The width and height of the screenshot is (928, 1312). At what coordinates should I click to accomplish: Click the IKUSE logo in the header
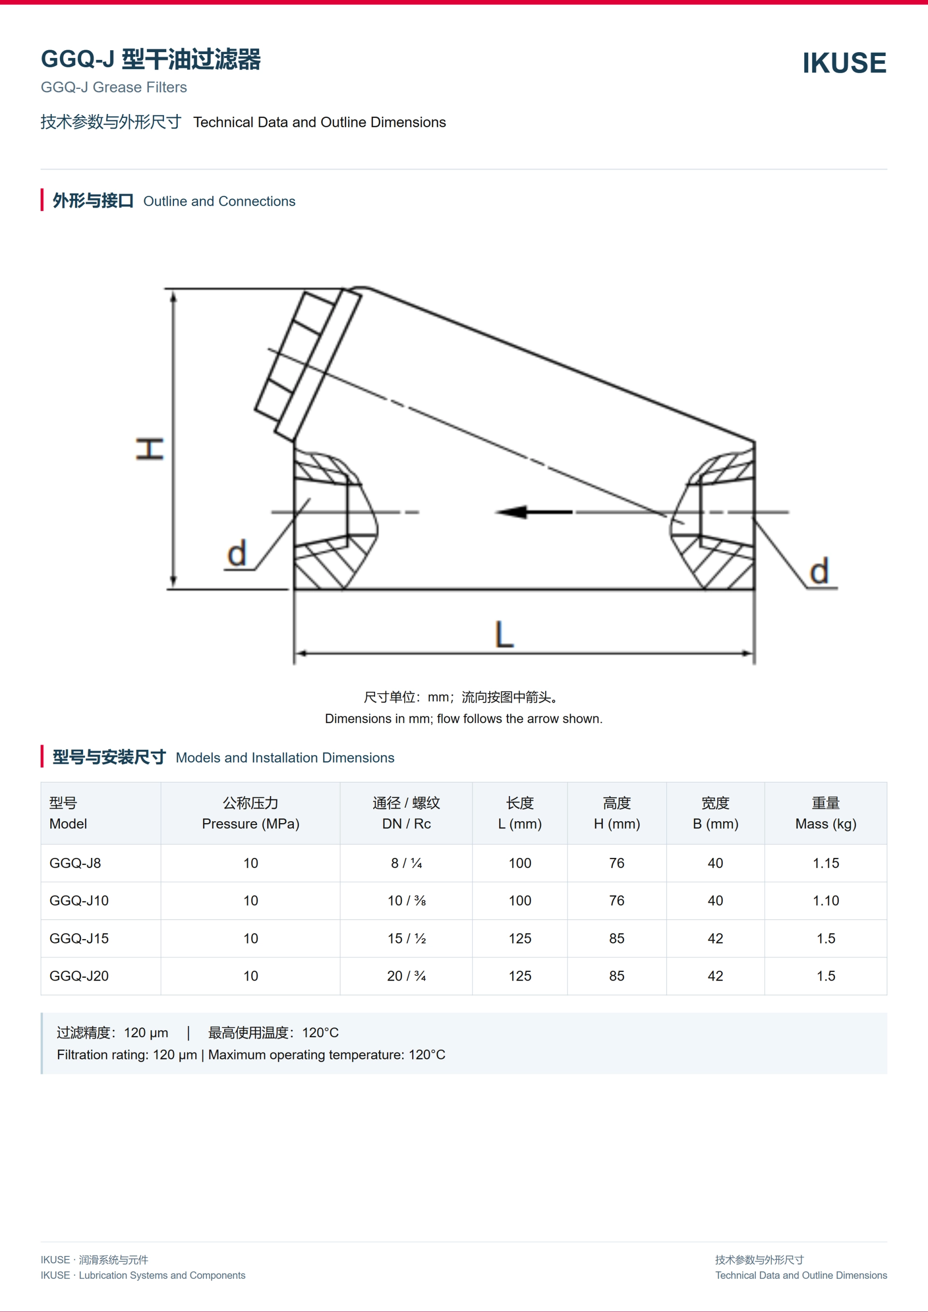(844, 63)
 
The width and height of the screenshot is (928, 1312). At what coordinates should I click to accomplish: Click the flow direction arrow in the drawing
(534, 512)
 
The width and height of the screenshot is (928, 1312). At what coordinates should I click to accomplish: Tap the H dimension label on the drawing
(150, 449)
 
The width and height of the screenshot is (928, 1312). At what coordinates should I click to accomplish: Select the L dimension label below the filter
(504, 635)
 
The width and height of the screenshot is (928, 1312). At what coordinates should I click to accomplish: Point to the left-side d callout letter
(237, 553)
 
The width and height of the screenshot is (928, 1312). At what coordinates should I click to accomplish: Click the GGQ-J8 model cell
(75, 863)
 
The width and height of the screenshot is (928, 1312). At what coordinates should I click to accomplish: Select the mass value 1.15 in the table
(826, 863)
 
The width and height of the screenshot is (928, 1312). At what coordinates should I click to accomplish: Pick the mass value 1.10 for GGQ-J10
(826, 900)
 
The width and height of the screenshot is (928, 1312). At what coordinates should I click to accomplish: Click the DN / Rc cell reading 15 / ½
(406, 938)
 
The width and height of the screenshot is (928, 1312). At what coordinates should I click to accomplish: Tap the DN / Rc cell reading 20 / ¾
(406, 976)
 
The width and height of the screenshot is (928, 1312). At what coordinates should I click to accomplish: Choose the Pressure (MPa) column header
(250, 824)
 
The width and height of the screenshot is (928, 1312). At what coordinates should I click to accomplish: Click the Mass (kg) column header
(826, 824)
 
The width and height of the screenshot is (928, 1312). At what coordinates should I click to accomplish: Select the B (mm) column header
(715, 824)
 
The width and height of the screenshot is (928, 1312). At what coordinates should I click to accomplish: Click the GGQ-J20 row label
(79, 976)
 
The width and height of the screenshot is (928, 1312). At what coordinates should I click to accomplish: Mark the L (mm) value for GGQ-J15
(520, 938)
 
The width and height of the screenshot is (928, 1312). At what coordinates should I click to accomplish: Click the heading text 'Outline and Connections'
(219, 201)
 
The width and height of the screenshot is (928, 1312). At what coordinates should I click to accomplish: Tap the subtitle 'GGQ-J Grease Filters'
(114, 87)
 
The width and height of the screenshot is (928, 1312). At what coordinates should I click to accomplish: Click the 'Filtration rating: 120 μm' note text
(127, 1055)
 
